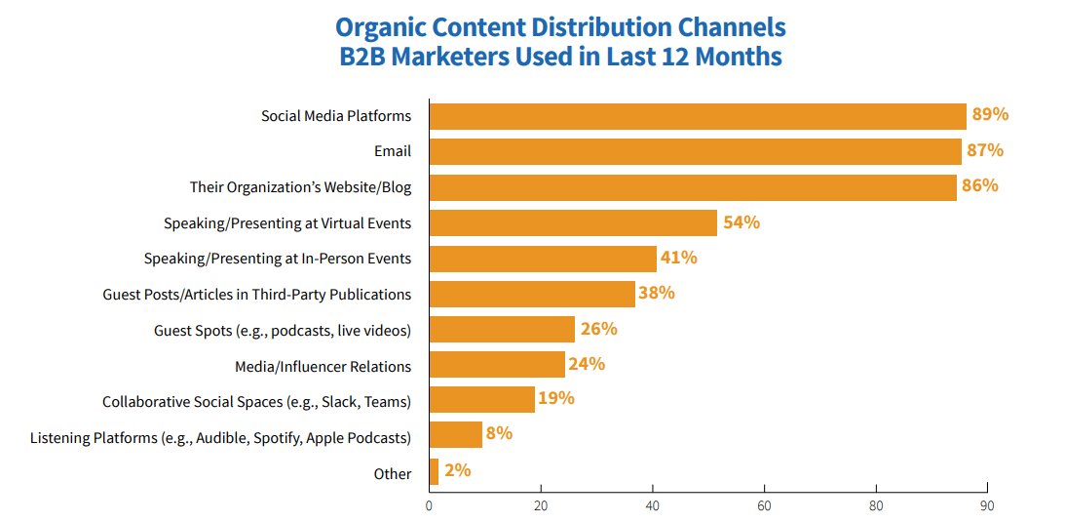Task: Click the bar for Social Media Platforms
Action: coord(697,116)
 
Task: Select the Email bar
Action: coord(695,151)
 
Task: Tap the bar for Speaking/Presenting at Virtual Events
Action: coord(573,222)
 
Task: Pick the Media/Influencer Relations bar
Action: coord(497,365)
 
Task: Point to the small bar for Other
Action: coord(434,472)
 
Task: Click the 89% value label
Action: coord(990,115)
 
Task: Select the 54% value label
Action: coord(742,222)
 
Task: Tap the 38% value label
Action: coord(656,293)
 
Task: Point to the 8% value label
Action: coord(499,433)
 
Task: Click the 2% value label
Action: coord(457,470)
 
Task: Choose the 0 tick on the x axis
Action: coord(429,506)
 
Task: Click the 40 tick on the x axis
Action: coord(653,506)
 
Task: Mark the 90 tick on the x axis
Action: coord(988,506)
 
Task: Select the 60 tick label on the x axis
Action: coord(765,506)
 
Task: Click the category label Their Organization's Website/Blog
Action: coord(300,187)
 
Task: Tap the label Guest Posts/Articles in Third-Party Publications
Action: coord(257,294)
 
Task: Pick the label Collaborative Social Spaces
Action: coord(257,401)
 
